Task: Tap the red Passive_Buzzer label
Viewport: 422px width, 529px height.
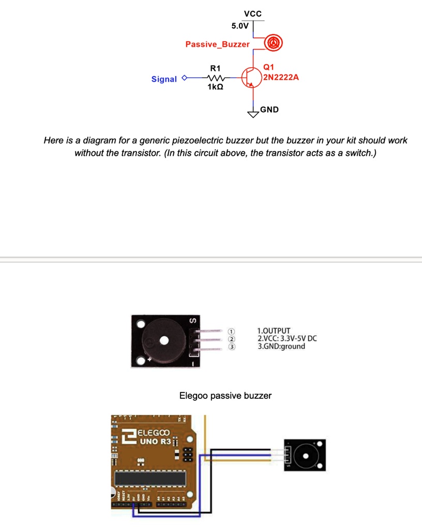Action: (217, 44)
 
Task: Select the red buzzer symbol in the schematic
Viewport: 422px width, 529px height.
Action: (273, 42)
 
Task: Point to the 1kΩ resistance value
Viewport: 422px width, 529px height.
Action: (215, 88)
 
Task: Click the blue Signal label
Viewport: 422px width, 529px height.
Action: (164, 79)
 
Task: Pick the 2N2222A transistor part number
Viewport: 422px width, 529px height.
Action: (281, 77)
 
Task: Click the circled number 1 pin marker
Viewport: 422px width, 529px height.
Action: (232, 331)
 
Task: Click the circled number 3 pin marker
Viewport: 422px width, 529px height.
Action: (232, 347)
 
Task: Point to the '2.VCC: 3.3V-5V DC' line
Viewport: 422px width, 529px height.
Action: (287, 338)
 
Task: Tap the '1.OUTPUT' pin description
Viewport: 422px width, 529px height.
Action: (274, 331)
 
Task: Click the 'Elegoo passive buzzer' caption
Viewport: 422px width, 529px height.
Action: (225, 396)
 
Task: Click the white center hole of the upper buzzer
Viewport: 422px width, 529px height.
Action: (164, 340)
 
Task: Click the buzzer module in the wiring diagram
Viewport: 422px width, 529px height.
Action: (305, 455)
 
